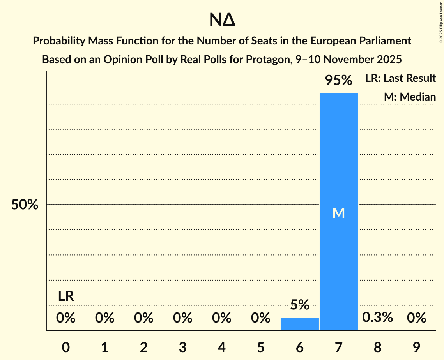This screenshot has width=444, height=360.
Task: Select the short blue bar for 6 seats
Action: pos(299,324)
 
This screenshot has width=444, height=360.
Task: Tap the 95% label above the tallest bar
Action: pos(338,81)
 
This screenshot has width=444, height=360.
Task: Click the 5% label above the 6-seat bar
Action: pos(299,305)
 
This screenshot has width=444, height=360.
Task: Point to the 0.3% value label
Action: pos(377,318)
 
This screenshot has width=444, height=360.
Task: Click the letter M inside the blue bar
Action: pos(338,213)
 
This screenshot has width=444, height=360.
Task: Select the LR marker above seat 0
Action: pos(66,296)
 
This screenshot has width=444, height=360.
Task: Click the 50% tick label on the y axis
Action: pos(25,205)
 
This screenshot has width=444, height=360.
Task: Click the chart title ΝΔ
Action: pos(222,20)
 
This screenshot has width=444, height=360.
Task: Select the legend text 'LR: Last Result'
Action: pos(400,78)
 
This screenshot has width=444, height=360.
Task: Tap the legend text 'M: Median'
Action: pos(410,97)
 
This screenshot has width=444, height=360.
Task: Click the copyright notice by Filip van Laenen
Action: pos(441,23)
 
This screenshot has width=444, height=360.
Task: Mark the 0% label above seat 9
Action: pos(416,318)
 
